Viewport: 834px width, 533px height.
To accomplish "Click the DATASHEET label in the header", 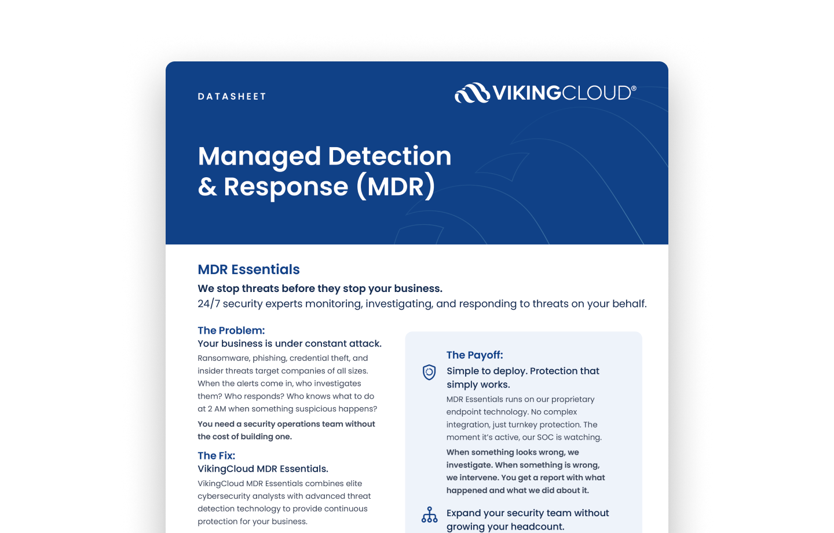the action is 232,97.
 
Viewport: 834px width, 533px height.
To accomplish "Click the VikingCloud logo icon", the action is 472,93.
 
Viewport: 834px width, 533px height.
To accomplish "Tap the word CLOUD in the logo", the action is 596,93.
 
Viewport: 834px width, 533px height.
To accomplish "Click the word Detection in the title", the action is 389,156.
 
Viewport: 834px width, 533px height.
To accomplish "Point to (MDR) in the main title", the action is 396,187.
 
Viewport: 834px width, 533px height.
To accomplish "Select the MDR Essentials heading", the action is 248,269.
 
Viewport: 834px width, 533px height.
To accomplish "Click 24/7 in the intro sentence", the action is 209,304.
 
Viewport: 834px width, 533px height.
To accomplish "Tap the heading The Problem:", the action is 231,330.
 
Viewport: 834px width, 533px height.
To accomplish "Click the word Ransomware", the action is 224,358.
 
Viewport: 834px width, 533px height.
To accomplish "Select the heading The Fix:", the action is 216,455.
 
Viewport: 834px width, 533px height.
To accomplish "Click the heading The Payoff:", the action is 474,355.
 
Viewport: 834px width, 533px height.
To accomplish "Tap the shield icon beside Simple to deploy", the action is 429,372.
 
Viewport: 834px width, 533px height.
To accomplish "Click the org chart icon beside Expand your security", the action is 429,514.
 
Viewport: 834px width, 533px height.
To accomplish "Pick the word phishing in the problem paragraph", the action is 269,358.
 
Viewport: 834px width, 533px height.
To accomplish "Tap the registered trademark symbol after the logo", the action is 634,88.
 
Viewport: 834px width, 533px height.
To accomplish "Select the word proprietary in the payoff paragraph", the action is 573,399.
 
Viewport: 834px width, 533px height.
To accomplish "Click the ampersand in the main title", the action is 207,187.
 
